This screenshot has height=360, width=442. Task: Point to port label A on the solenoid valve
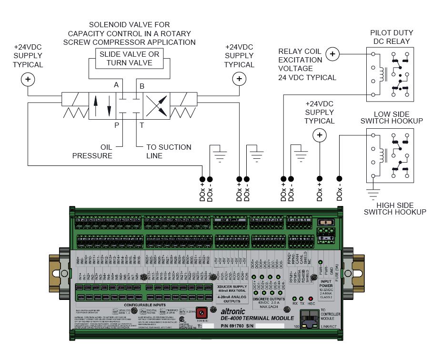pos(116,85)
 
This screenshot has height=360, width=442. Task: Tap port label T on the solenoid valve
pos(141,125)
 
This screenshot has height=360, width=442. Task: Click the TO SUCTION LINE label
pos(169,152)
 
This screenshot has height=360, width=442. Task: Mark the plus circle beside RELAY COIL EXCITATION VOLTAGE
pos(333,54)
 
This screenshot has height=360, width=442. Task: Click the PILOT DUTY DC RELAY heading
pos(392,37)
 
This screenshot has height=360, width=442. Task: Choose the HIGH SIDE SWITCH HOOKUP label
pos(395,208)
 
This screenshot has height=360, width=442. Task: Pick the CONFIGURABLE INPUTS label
pos(145,304)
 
